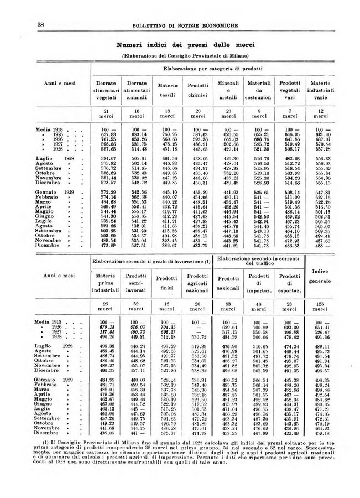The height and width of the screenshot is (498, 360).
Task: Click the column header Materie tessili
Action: (x=168, y=90)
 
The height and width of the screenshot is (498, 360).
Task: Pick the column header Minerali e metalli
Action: (x=228, y=90)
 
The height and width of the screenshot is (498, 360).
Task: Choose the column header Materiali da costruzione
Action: (x=258, y=90)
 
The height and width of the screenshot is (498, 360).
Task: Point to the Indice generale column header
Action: (x=321, y=275)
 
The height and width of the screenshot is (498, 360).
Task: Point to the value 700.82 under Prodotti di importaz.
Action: (x=258, y=326)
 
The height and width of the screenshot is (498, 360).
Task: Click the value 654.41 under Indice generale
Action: (x=321, y=326)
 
